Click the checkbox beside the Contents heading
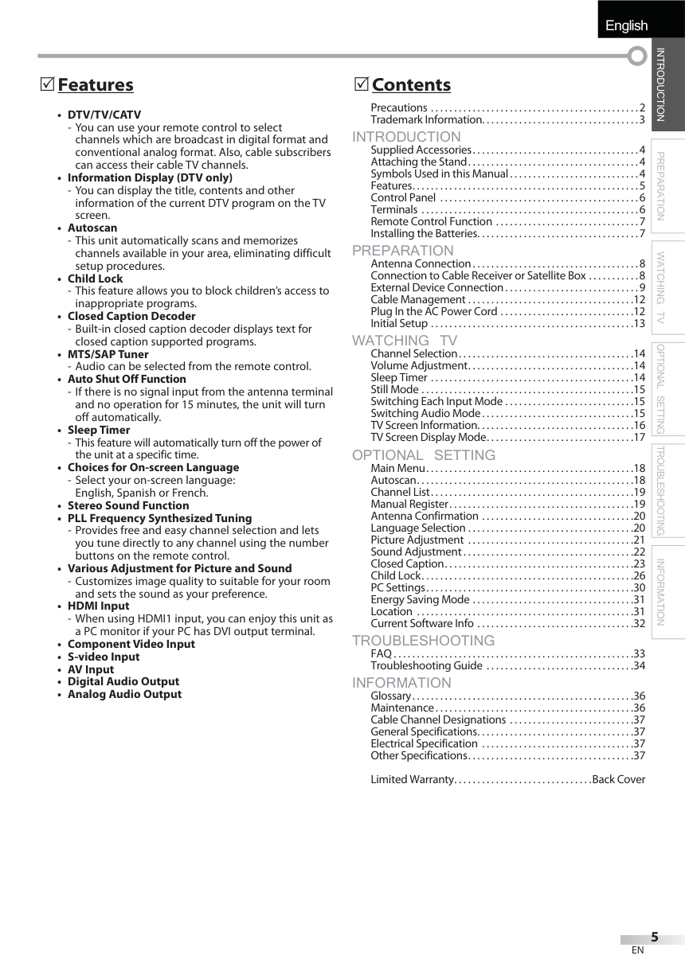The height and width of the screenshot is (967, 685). (x=361, y=84)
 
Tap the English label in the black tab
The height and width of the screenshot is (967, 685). (x=626, y=25)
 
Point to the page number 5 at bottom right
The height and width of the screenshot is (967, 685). (x=654, y=937)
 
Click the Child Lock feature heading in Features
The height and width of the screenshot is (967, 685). (x=95, y=279)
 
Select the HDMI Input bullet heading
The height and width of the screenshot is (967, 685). (x=98, y=606)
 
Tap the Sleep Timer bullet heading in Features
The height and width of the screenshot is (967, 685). (x=99, y=430)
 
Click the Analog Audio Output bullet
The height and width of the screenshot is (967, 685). (x=124, y=694)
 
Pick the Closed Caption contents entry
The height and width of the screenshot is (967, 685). (x=407, y=563)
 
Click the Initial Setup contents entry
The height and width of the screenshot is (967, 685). (x=399, y=323)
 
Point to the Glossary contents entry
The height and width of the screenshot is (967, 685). (x=390, y=696)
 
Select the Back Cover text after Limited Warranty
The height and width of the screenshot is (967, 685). (x=618, y=779)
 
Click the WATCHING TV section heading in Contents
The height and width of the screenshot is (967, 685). (x=405, y=341)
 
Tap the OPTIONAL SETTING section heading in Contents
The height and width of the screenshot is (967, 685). (x=424, y=455)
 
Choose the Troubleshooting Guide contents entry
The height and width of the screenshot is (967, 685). (x=426, y=665)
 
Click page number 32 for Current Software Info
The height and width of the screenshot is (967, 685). (x=639, y=623)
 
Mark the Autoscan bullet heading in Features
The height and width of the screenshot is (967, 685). (x=92, y=228)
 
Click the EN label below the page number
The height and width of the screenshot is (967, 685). (x=637, y=950)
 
